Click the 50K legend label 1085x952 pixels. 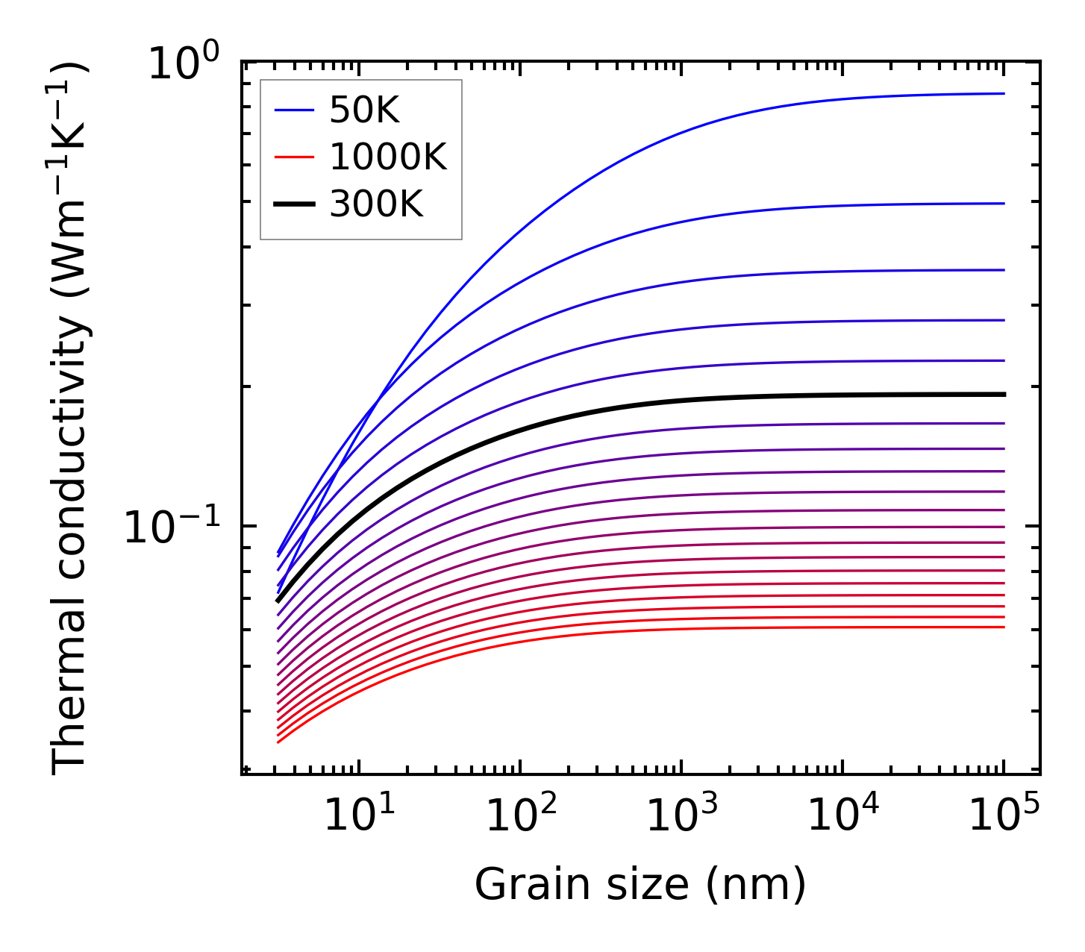364,111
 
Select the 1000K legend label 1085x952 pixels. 388,157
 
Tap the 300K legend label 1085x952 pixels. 376,204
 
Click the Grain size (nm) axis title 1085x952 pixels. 640,886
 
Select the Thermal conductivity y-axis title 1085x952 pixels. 70,418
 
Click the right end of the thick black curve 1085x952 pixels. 1004,394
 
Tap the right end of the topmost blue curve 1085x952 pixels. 1004,94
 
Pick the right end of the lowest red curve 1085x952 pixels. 1004,627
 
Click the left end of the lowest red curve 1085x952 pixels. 278,742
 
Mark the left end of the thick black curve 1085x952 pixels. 278,601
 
